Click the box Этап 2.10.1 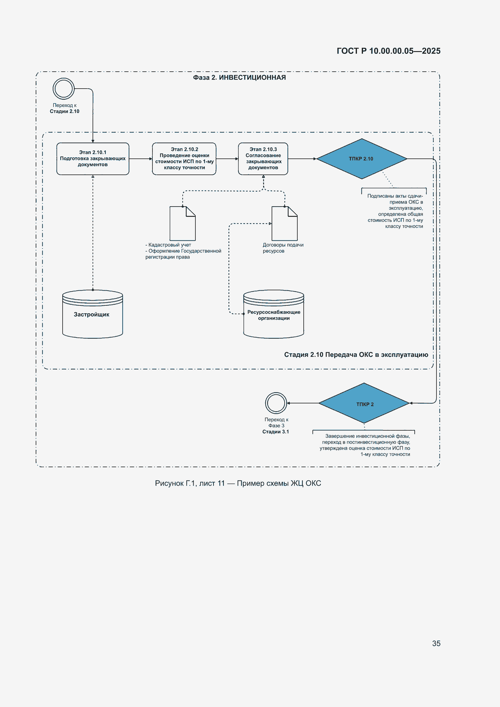pos(93,158)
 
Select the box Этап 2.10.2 pos(184,158)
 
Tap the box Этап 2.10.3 pos(263,158)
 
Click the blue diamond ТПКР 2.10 pos(362,158)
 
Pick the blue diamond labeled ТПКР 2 pos(364,403)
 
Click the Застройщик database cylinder pos(93,314)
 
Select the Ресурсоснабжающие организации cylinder pos(273,314)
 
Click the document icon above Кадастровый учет pos(183,223)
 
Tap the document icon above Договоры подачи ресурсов pos(285,223)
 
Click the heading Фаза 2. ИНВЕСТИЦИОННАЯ pos(239,77)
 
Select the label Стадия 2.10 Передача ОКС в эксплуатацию pos(356,354)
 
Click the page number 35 pos(436,643)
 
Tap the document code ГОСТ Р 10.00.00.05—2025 pos(388,51)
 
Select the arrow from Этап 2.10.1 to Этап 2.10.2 pos(141,159)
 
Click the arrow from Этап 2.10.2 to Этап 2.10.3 pos(227,159)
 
